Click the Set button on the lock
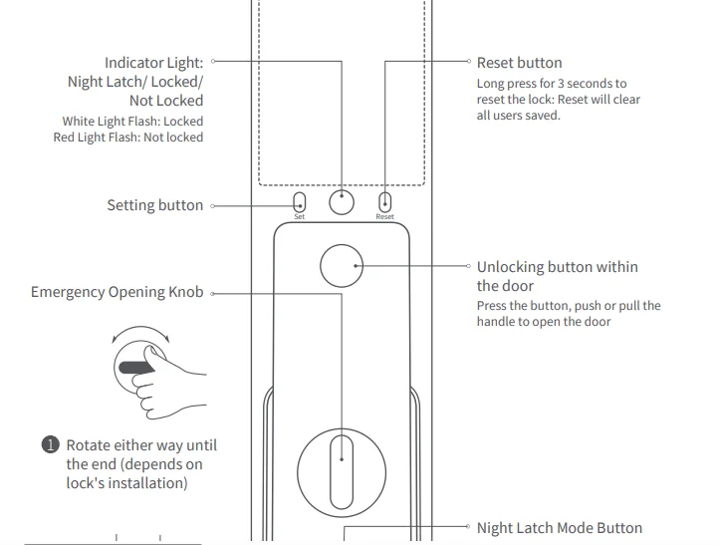click(299, 201)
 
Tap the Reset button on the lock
click(385, 201)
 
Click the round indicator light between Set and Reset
click(342, 201)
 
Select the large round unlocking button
click(342, 266)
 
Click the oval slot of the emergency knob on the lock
click(342, 459)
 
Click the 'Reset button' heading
click(519, 63)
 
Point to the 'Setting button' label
click(154, 205)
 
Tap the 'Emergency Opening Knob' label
click(117, 292)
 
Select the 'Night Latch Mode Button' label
click(559, 528)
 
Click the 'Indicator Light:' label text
click(153, 63)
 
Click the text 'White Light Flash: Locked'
click(132, 122)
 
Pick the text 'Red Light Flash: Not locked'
click(127, 137)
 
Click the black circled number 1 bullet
click(51, 445)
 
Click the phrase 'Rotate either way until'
click(141, 445)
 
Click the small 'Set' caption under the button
click(299, 217)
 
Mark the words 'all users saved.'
click(518, 116)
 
